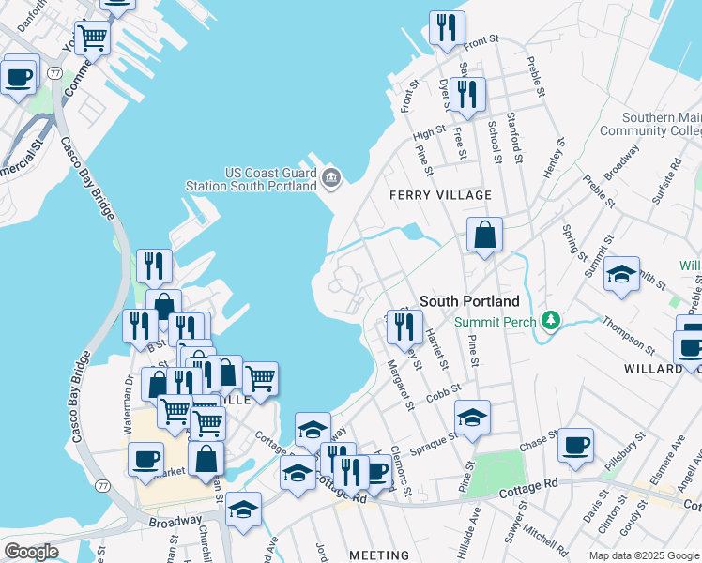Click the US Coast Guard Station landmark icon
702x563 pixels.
pos(330,176)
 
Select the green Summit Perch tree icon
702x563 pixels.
pos(552,322)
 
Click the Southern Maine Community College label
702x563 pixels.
pos(662,125)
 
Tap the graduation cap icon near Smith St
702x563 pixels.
pos(621,274)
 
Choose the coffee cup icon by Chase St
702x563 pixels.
pos(575,445)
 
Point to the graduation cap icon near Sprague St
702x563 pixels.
pos(473,418)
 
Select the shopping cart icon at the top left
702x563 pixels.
pos(92,38)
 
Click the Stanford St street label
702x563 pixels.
pos(514,138)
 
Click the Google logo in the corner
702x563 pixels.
pos(31,551)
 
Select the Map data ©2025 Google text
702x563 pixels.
pos(643,555)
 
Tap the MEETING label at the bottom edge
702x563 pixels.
pos(379,555)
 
